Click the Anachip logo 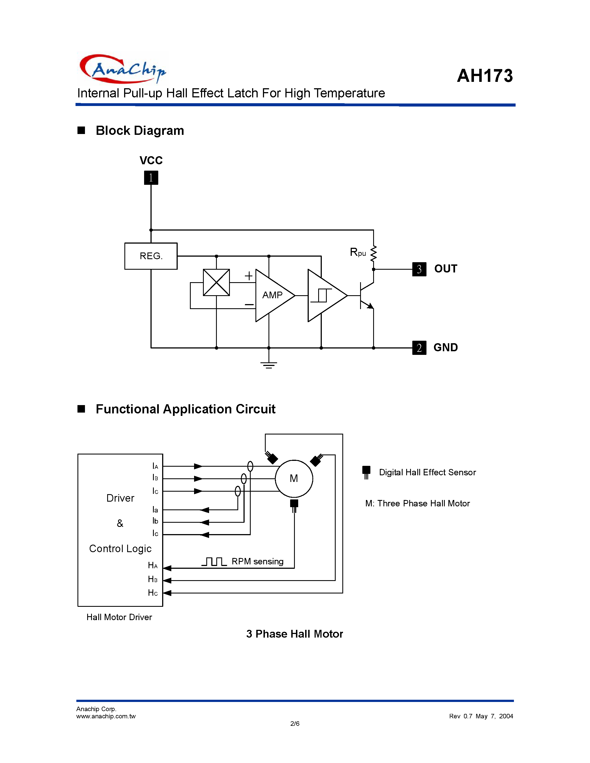(x=122, y=69)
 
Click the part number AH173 (x=484, y=75)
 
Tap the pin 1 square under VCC (x=151, y=178)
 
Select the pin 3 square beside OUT (x=419, y=269)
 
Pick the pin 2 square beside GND (x=419, y=348)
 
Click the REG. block (x=151, y=256)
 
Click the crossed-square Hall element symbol (x=216, y=282)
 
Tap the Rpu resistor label (x=358, y=252)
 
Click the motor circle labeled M (x=294, y=478)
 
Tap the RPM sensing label (x=257, y=561)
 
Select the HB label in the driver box (x=153, y=579)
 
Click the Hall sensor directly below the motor (x=294, y=505)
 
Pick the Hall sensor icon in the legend (x=366, y=472)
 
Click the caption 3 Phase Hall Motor (x=294, y=634)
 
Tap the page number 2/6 (x=295, y=724)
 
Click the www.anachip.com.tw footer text (x=106, y=716)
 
